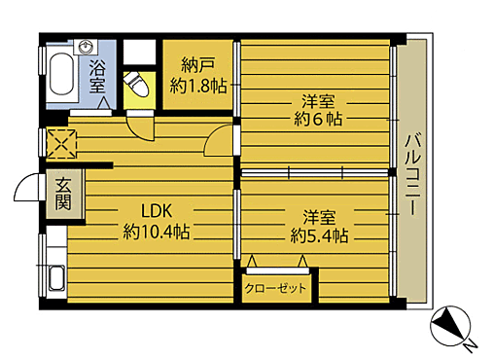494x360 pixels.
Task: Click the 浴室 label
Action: (98, 76)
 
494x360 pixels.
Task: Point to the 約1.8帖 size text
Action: (198, 86)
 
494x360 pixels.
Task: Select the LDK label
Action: (156, 211)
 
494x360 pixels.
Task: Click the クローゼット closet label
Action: (275, 288)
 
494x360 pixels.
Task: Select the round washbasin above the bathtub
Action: (88, 47)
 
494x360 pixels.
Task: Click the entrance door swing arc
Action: (27, 188)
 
